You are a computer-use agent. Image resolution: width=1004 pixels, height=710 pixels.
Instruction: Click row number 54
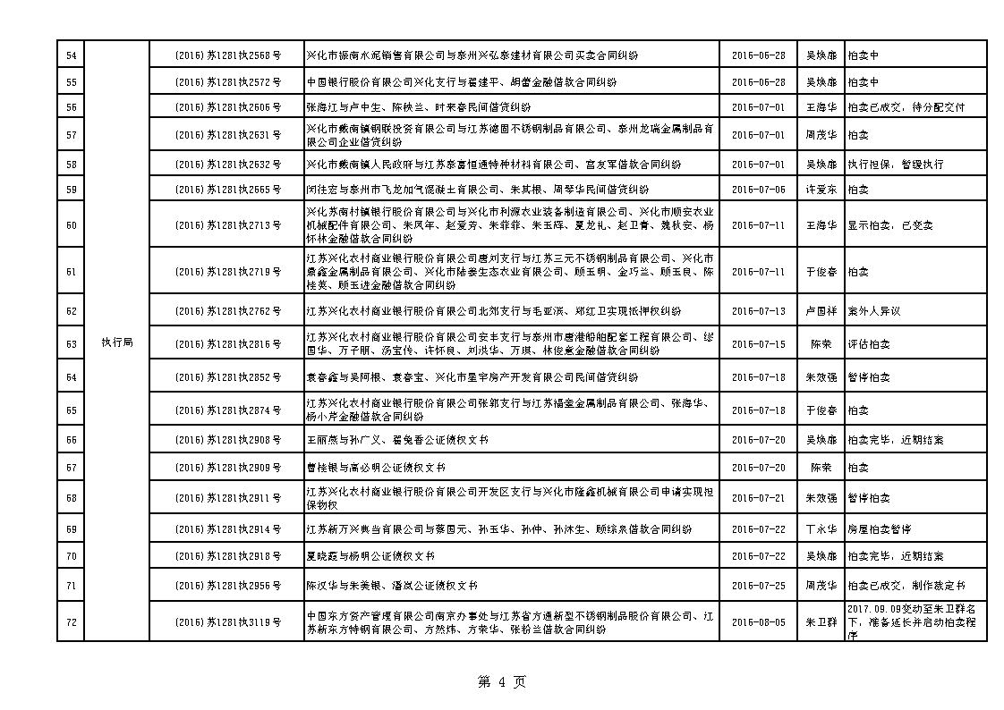[x=71, y=55]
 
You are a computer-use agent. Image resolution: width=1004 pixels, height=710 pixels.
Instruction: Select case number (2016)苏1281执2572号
[x=228, y=82]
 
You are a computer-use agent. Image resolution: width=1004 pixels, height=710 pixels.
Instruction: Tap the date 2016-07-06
[x=758, y=190]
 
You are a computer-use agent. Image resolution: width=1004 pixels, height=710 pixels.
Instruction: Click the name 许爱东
[x=821, y=190]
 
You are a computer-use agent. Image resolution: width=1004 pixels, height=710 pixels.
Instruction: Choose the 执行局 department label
[x=117, y=343]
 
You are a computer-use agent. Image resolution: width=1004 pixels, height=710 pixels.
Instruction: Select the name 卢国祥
[x=821, y=311]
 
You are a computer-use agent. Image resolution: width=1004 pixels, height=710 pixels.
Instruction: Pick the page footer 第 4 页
[x=502, y=682]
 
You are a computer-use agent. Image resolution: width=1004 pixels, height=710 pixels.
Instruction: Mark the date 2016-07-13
[x=758, y=311]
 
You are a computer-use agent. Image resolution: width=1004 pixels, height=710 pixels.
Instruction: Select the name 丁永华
[x=821, y=529]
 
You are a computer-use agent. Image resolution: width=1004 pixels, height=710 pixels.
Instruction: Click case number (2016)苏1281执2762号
[x=228, y=311]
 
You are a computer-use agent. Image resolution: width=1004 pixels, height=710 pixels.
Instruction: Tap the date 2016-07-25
[x=758, y=586]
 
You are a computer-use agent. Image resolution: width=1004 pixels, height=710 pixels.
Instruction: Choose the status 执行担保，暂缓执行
[x=896, y=165]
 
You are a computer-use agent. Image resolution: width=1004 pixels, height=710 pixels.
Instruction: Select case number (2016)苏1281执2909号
[x=228, y=468]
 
